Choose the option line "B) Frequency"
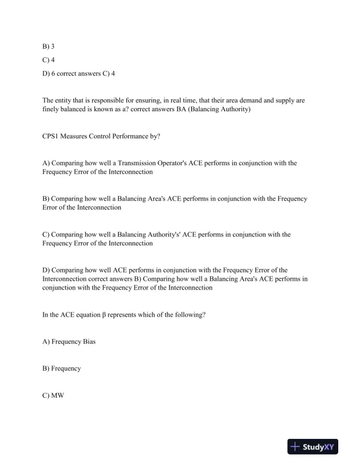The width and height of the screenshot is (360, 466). pyautogui.click(x=61, y=368)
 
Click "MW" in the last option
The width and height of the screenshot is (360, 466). pyautogui.click(x=57, y=395)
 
